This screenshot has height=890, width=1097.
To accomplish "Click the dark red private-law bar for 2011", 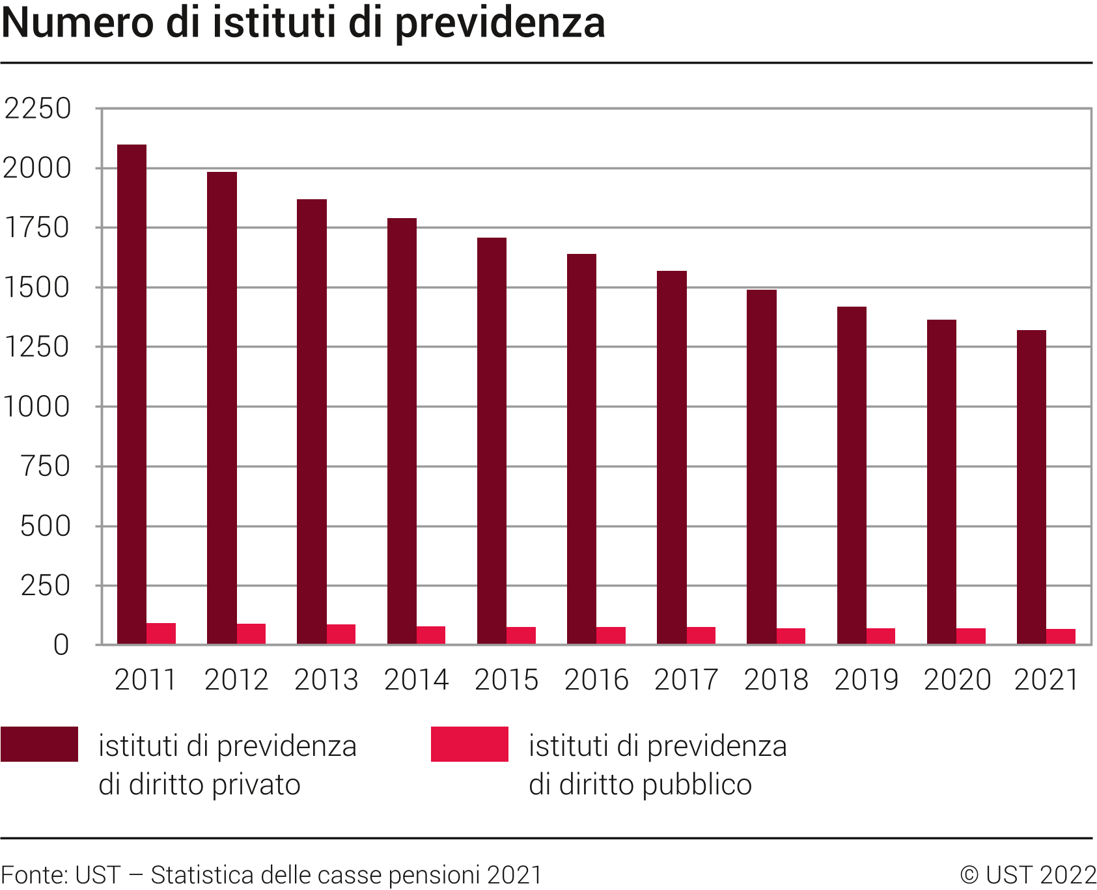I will [x=132, y=394].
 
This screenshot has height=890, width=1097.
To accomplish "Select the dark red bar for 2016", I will [x=581, y=449].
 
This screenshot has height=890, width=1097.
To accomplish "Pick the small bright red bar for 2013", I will [x=341, y=634].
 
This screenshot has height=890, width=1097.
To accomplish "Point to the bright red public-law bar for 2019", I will [x=881, y=636].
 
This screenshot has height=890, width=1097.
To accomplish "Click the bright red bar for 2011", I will [x=161, y=633].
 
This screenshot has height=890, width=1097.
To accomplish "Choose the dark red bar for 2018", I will [x=761, y=467].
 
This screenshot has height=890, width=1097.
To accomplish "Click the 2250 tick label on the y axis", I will [x=37, y=109].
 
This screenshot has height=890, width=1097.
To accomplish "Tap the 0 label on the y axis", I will [x=61, y=645].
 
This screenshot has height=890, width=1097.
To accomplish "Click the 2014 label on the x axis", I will [x=416, y=680].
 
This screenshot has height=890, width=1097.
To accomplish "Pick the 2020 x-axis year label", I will [x=956, y=680].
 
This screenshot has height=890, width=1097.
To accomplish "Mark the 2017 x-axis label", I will [x=686, y=680].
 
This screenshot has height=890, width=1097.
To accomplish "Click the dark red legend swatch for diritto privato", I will [x=39, y=744].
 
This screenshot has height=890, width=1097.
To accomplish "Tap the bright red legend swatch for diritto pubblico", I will [x=469, y=744].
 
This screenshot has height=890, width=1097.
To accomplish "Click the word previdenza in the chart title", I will [x=499, y=23].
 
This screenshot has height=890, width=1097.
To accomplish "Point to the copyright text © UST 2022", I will [x=1028, y=874].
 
